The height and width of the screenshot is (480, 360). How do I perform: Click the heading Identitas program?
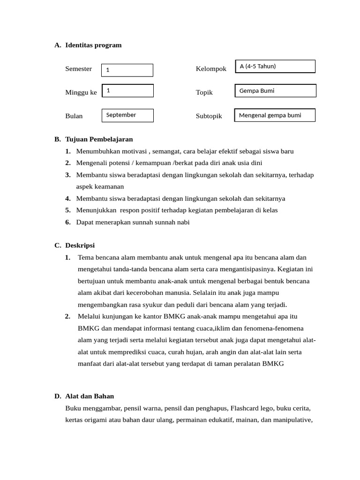93,45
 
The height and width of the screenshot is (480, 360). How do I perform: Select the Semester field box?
127,70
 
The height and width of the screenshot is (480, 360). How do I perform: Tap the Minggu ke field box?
127,91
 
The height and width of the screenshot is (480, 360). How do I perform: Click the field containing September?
127,115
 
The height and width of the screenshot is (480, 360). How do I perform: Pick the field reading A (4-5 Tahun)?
275,67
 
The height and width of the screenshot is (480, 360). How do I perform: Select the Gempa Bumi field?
275,91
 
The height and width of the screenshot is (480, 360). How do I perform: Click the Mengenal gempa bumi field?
275,115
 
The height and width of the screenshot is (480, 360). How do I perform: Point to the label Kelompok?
211,69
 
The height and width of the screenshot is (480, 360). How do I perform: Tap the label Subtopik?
209,116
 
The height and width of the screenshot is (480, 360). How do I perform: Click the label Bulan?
74,116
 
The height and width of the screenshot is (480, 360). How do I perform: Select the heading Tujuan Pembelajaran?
99,139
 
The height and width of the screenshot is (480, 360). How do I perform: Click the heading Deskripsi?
80,246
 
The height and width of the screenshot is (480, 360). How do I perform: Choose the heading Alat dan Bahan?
90,396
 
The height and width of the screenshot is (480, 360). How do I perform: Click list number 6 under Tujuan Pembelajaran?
68,222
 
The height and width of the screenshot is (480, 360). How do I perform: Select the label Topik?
204,92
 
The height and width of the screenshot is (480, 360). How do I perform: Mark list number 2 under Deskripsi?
68,316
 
